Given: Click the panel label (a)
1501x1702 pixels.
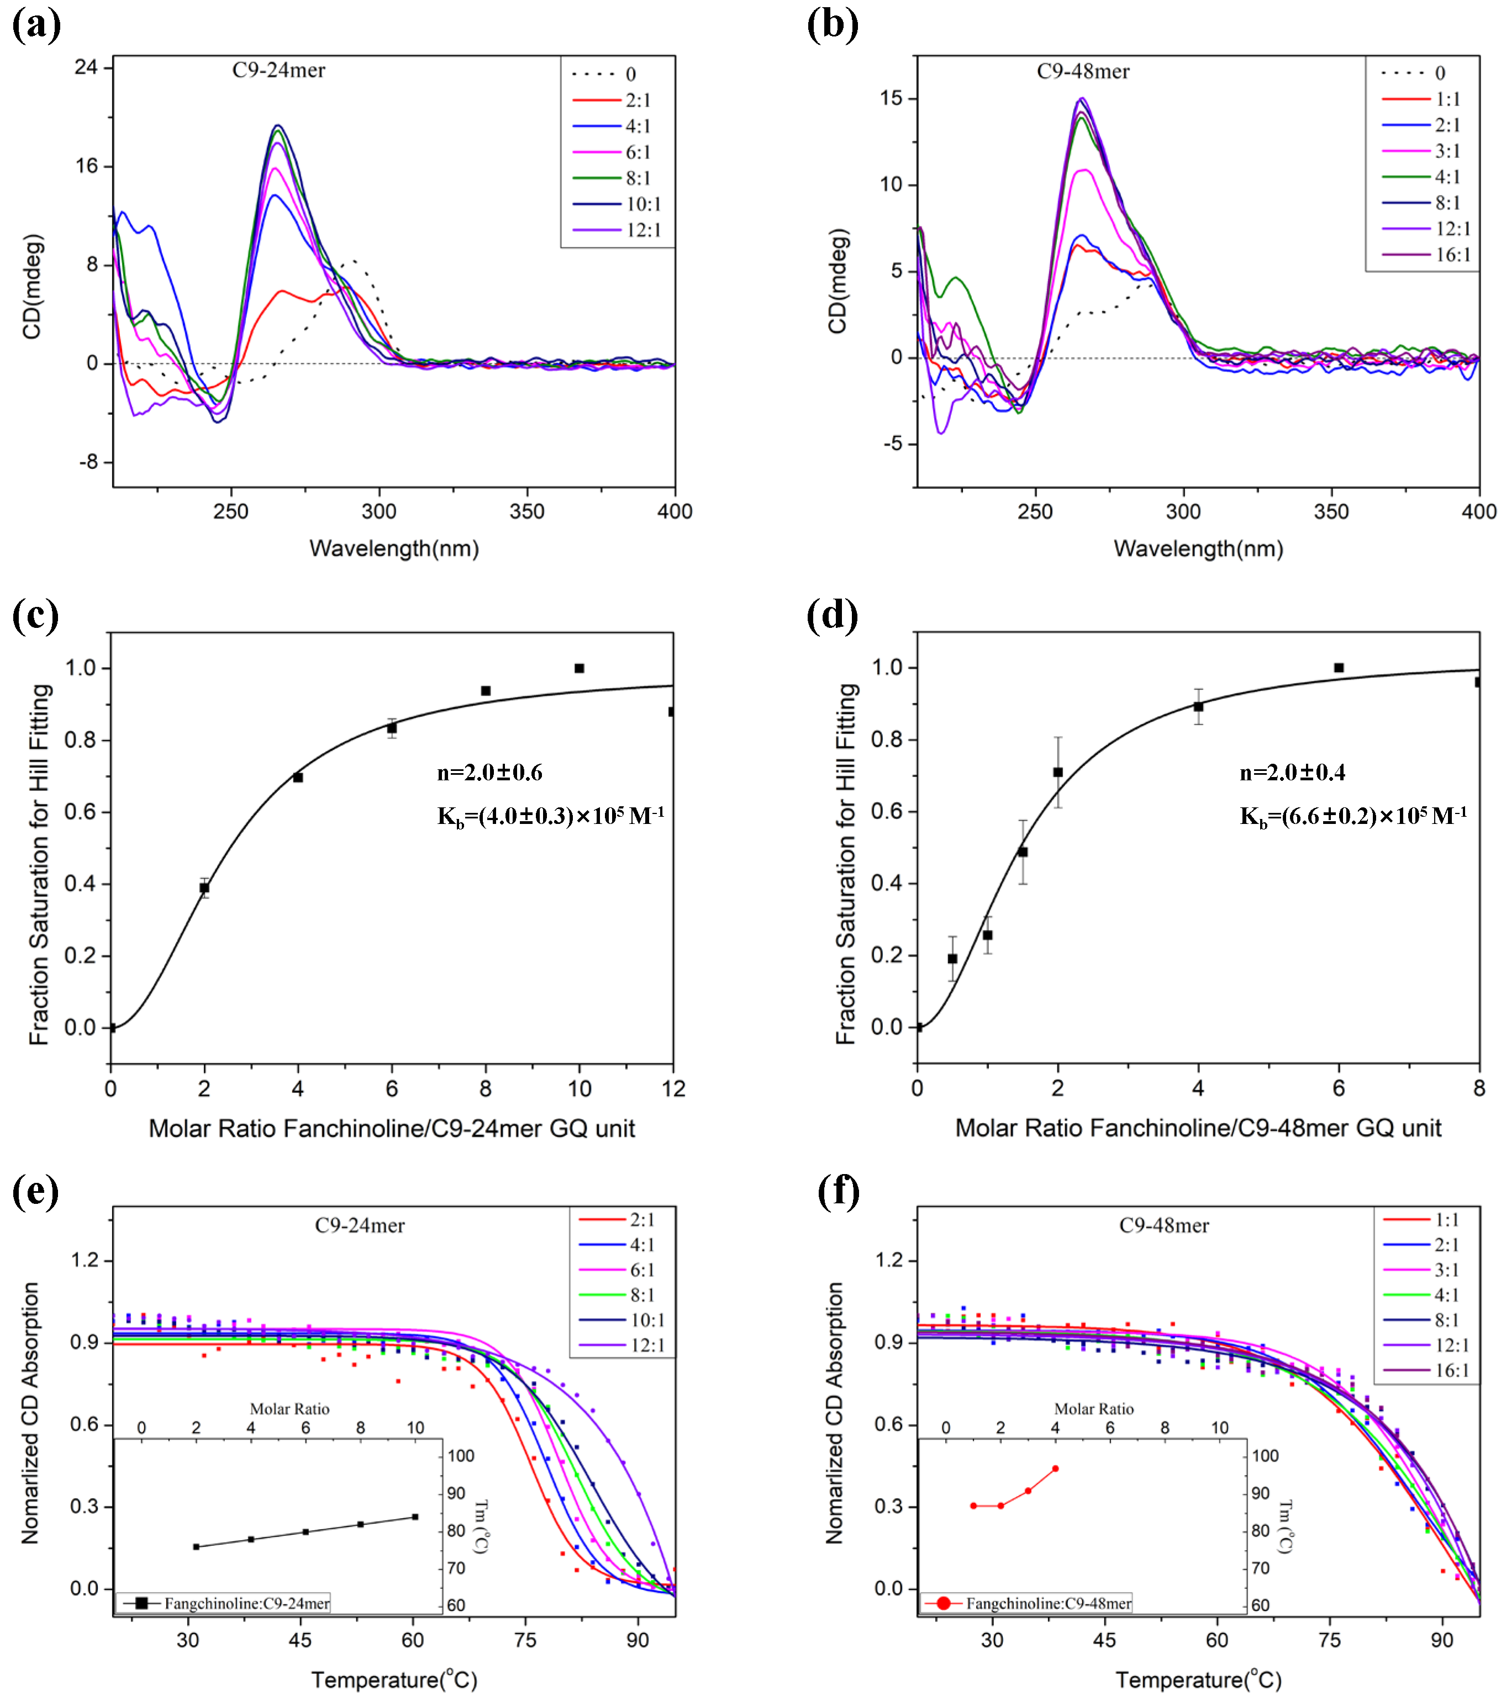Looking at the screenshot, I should (x=36, y=25).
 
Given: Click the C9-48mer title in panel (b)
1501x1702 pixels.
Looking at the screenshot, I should (x=1082, y=72).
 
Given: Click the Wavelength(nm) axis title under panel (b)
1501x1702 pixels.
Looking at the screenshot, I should (x=1197, y=549).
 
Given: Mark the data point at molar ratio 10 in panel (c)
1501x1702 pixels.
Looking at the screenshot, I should (x=579, y=668).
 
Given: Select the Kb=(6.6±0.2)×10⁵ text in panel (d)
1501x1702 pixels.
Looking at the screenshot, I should (x=1352, y=816).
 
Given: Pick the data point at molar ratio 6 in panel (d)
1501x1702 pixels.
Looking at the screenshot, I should (x=1339, y=668).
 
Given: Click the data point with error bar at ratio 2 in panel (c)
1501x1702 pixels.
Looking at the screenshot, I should (x=204, y=887).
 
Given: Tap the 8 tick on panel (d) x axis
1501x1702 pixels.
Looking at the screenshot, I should (x=1478, y=1088).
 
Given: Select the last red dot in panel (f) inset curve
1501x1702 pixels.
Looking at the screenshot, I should (x=1055, y=1469).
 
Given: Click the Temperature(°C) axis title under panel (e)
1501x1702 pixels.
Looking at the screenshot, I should (x=394, y=1679).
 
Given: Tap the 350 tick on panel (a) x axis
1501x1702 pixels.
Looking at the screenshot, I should (x=526, y=511).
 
